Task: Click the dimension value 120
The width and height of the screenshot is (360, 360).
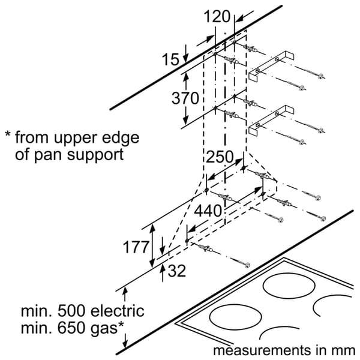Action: [x=217, y=16]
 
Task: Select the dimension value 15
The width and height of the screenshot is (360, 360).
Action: [x=170, y=59]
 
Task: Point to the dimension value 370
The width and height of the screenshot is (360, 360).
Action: [x=185, y=98]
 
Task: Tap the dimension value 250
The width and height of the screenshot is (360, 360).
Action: [x=220, y=157]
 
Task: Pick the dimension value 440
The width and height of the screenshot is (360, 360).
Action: [x=208, y=211]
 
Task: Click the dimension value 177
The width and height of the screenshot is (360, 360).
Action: [x=136, y=247]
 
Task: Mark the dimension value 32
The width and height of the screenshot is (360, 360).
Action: [x=177, y=271]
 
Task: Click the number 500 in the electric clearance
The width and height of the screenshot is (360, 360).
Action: [x=72, y=311]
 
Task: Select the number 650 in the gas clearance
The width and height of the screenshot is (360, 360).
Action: [x=71, y=328]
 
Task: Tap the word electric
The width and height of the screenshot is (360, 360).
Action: [x=118, y=311]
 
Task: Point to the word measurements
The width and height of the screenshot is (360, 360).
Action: [x=262, y=350]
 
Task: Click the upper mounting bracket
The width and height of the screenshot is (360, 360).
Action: [x=271, y=65]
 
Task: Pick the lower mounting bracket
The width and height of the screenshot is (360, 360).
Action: [x=271, y=119]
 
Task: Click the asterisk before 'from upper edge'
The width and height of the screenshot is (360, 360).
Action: [x=8, y=134]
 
